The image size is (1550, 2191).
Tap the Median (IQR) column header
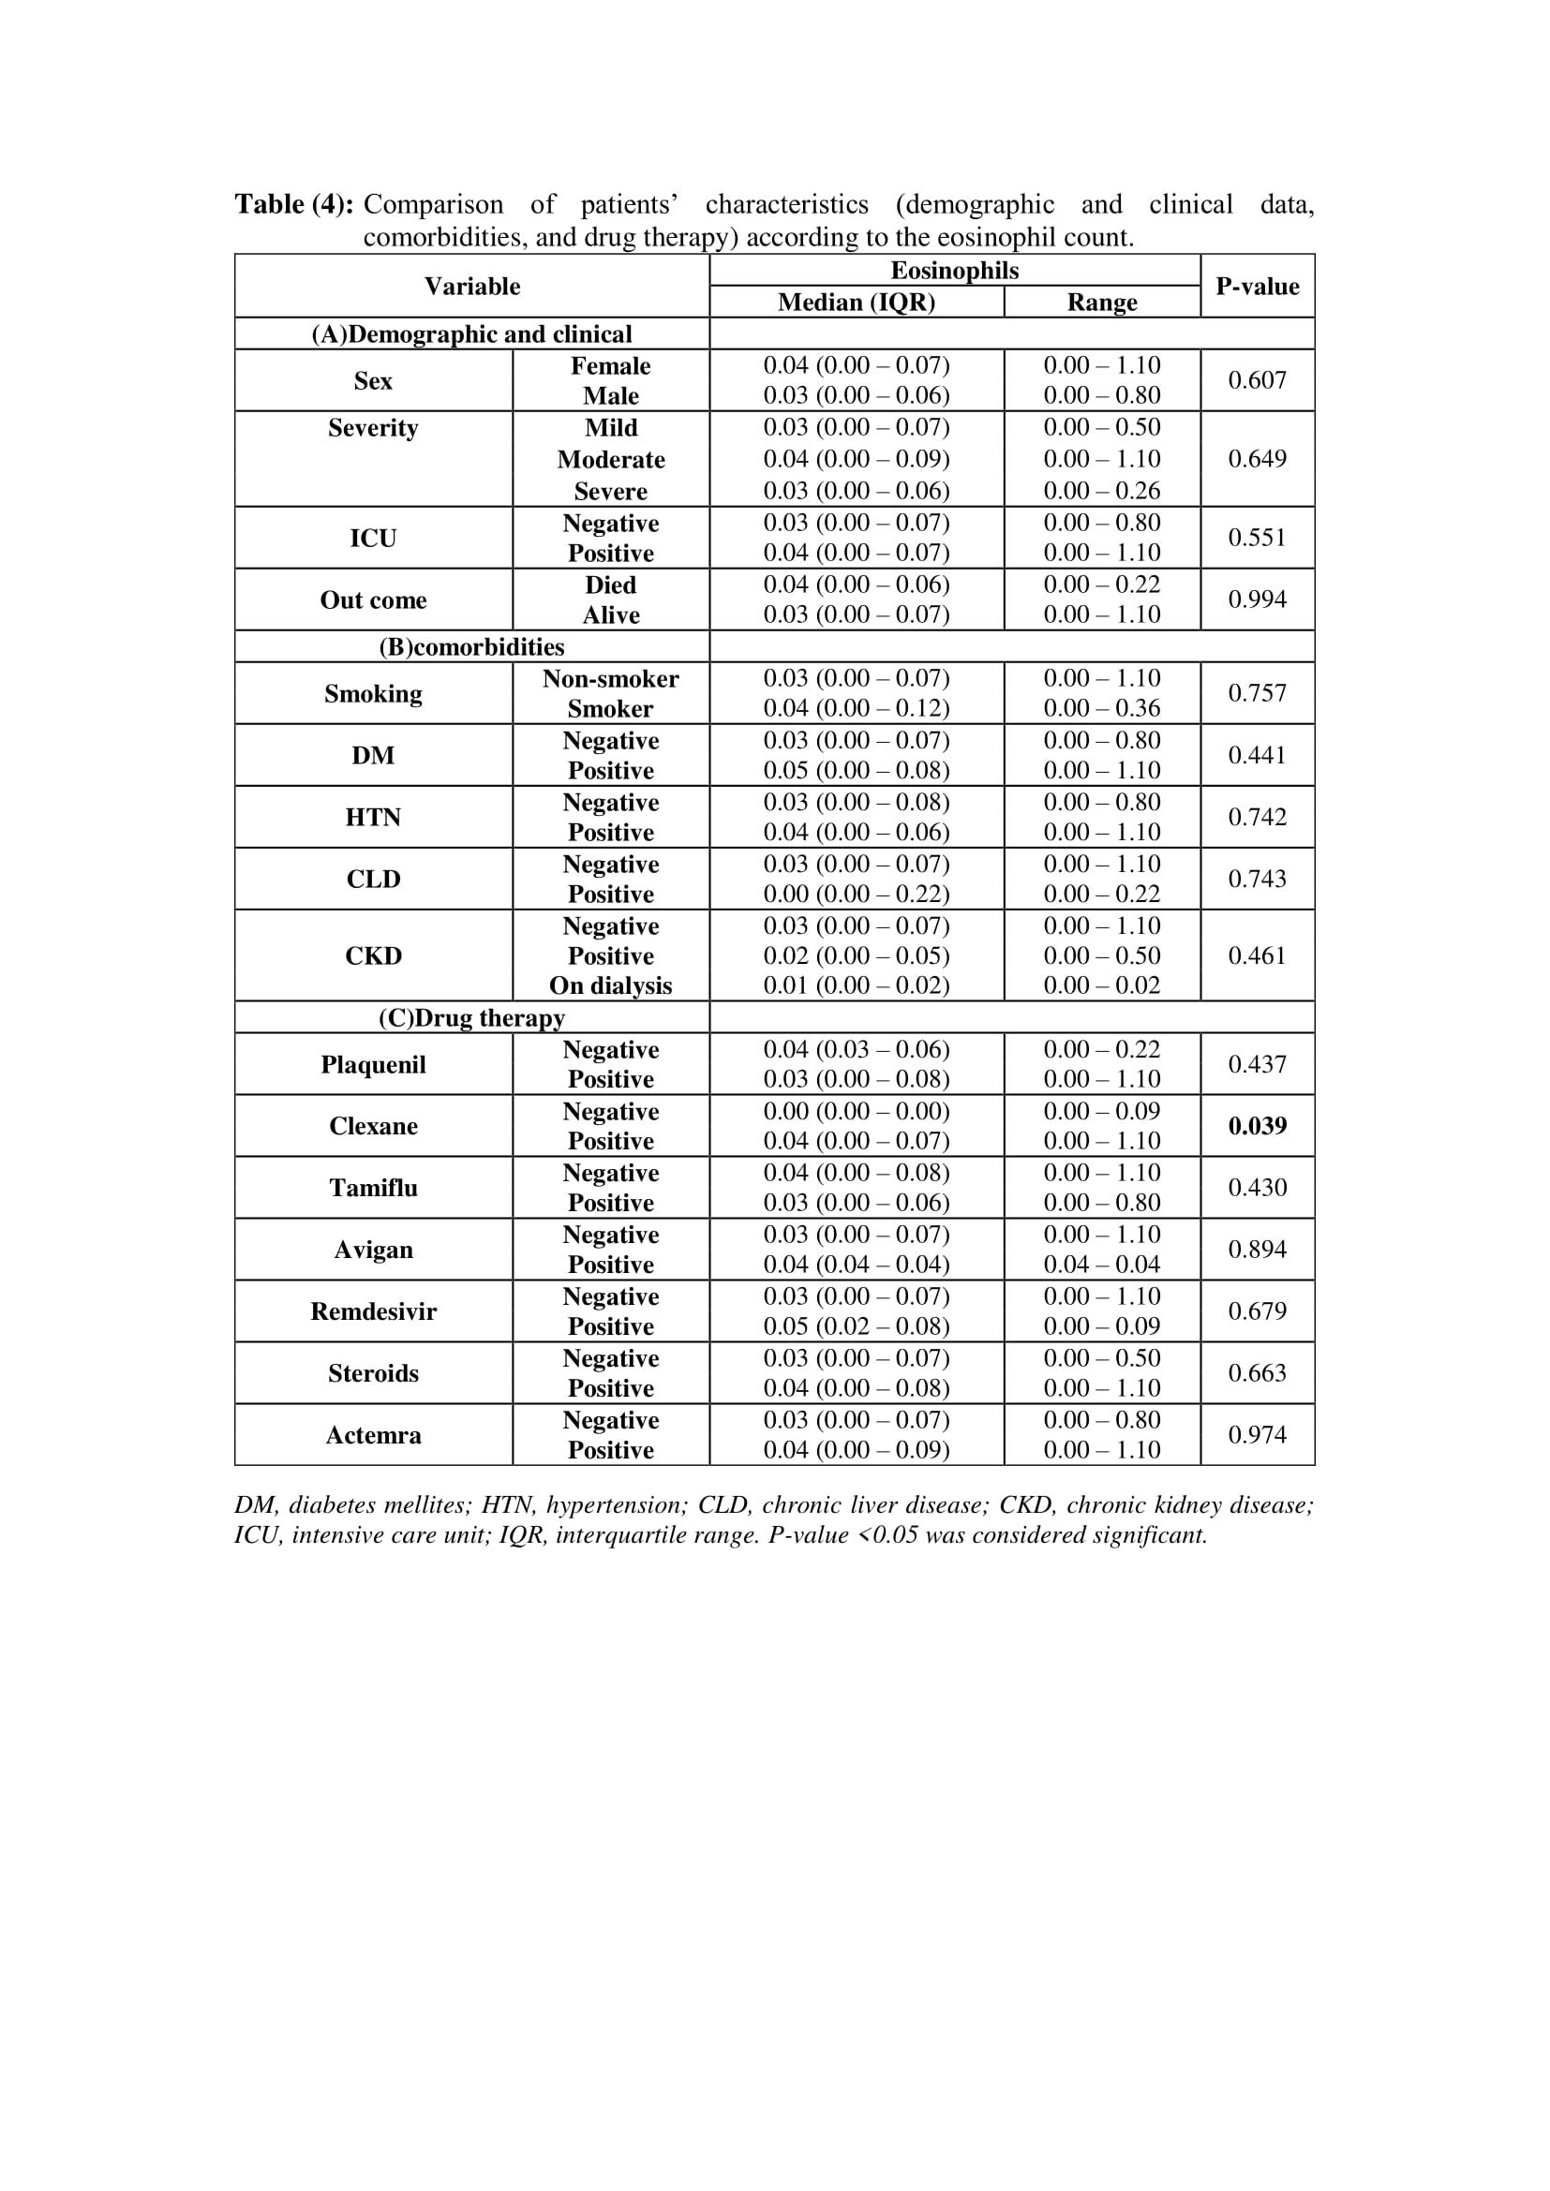pos(857,303)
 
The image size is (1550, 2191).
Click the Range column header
pos(1101,303)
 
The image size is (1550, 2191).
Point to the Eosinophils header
pos(953,271)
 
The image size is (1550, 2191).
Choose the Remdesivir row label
pos(373,1311)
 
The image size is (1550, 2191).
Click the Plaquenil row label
pos(373,1065)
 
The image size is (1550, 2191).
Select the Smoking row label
pos(373,694)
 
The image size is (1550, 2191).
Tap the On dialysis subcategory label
pos(610,985)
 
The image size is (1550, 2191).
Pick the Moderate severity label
pos(611,460)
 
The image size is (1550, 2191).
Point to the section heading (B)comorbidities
pos(471,647)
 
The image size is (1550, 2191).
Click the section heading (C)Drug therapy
pos(471,1017)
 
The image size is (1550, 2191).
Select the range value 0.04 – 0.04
pos(1101,1265)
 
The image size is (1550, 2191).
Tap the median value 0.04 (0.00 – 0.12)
pos(857,708)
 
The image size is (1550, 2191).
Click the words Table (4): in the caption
pos(294,204)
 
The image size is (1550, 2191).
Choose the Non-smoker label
pos(610,678)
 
